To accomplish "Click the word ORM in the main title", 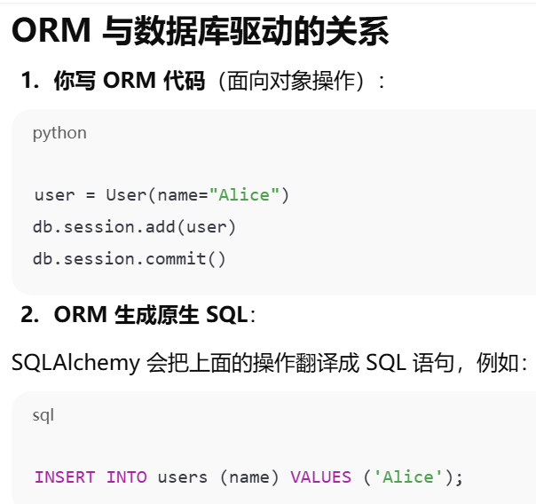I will coord(51,32).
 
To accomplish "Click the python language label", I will coord(59,133).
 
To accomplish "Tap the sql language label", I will coord(43,414).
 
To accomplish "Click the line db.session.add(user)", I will coord(135,226).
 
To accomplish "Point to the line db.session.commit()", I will coord(130,259).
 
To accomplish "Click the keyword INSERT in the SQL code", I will coord(64,477).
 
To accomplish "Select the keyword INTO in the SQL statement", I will coord(126,477).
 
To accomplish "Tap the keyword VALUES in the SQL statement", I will coord(320,477).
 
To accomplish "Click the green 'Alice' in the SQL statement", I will coord(408,477).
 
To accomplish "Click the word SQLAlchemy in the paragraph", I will coord(75,363).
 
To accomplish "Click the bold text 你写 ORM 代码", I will coord(129,82).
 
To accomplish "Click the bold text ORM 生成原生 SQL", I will coord(151,315).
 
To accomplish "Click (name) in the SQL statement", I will coord(249,477).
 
